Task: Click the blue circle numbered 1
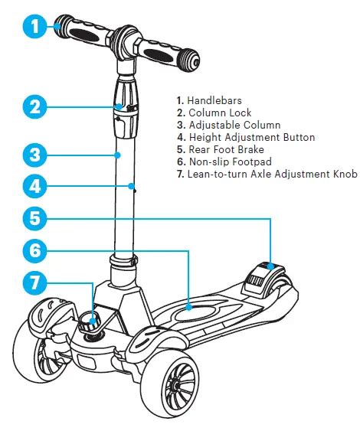[35, 27]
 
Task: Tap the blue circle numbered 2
[35, 106]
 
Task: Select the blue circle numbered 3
[35, 155]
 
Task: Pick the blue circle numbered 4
[35, 186]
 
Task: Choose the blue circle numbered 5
[35, 218]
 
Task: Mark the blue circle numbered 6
[35, 250]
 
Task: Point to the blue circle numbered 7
[35, 282]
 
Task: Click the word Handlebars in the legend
[214, 100]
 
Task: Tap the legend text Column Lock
[220, 113]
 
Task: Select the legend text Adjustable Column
[234, 125]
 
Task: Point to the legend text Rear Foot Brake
[226, 149]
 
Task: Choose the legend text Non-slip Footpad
[231, 162]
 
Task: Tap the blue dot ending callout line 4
[132, 186]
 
